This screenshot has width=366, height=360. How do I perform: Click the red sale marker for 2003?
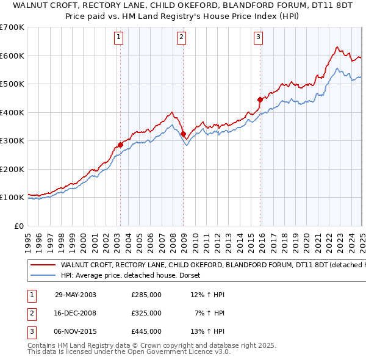[120, 145]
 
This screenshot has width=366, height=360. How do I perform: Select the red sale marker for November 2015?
[260, 99]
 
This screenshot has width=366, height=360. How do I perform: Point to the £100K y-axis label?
[12, 198]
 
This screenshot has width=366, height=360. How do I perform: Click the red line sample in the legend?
[42, 265]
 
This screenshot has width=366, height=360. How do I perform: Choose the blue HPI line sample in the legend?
[42, 276]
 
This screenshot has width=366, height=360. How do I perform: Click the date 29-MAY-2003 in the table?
[76, 295]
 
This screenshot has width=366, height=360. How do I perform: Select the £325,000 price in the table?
[146, 313]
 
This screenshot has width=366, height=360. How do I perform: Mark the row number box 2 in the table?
[30, 313]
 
